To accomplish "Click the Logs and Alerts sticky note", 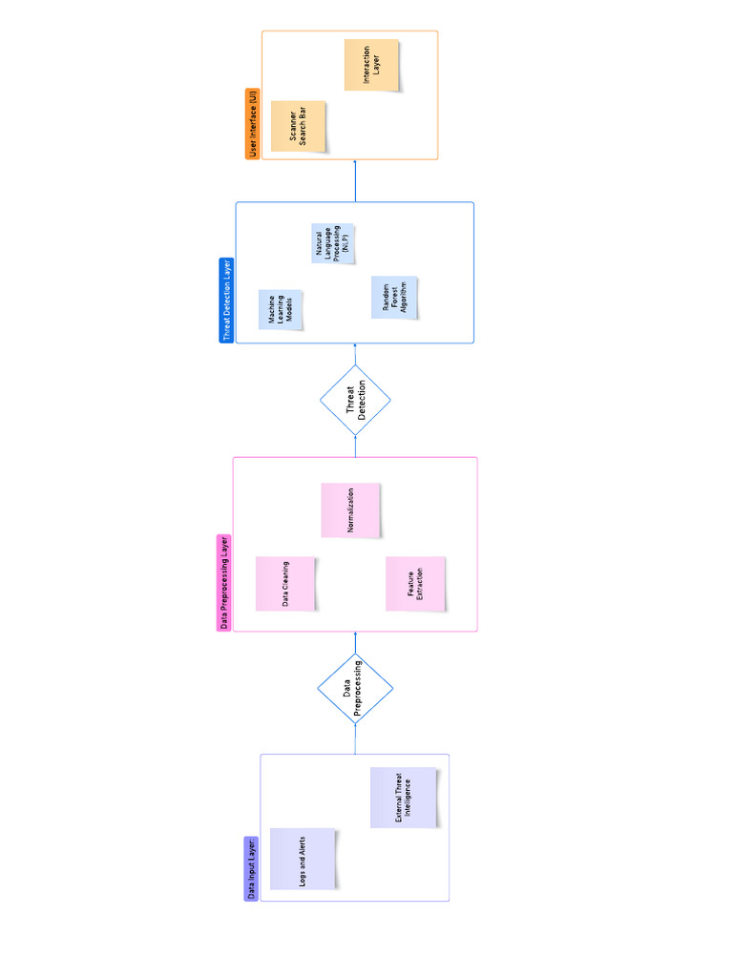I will (x=303, y=858).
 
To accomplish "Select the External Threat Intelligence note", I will (x=404, y=798).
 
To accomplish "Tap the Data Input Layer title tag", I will (x=252, y=869).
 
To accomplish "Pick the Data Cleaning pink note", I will (x=285, y=584).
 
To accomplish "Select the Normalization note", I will (x=350, y=510).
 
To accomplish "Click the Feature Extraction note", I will (x=415, y=584).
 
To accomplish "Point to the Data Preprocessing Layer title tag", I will (x=225, y=582).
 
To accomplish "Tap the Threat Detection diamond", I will (x=355, y=402).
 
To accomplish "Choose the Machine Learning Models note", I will (x=281, y=310).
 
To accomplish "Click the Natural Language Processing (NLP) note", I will (x=334, y=243).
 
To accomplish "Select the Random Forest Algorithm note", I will (x=394, y=299).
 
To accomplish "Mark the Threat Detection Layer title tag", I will (x=226, y=300).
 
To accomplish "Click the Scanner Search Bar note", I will (x=298, y=126).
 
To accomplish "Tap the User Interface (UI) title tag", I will (x=253, y=123).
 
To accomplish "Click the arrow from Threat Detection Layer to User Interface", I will (x=355, y=181).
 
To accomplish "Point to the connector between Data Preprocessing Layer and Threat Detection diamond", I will (x=355, y=448).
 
